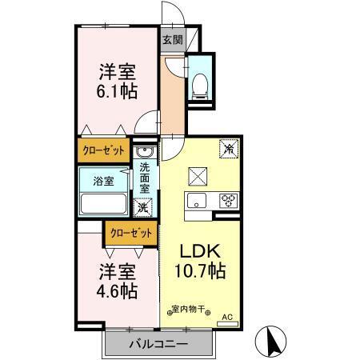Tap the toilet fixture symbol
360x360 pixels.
(x=201, y=83)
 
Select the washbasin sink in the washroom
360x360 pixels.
(x=145, y=153)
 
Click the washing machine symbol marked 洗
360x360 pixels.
(x=143, y=207)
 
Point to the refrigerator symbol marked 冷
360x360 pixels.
(x=228, y=148)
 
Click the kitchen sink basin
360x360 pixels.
(x=197, y=200)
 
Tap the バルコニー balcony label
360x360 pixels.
(x=158, y=345)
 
